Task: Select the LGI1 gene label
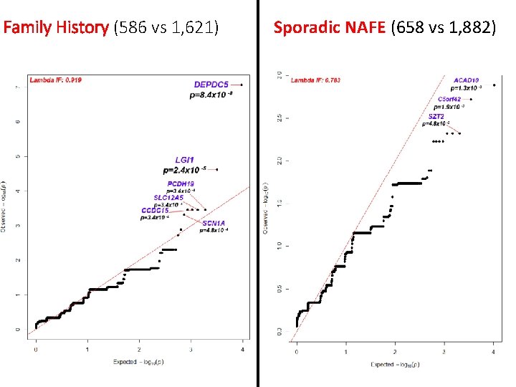(x=184, y=160)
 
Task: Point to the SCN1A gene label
(x=214, y=223)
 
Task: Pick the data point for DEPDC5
(x=242, y=85)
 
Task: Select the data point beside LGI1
(x=217, y=170)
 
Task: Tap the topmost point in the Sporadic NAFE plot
(x=494, y=85)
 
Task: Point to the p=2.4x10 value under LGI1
(x=185, y=171)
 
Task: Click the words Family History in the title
(x=57, y=29)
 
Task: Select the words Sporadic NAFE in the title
(x=330, y=29)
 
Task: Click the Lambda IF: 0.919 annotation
(x=56, y=80)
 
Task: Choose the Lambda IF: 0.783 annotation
(x=315, y=80)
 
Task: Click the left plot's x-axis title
(x=139, y=362)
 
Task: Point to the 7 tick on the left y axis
(x=18, y=87)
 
